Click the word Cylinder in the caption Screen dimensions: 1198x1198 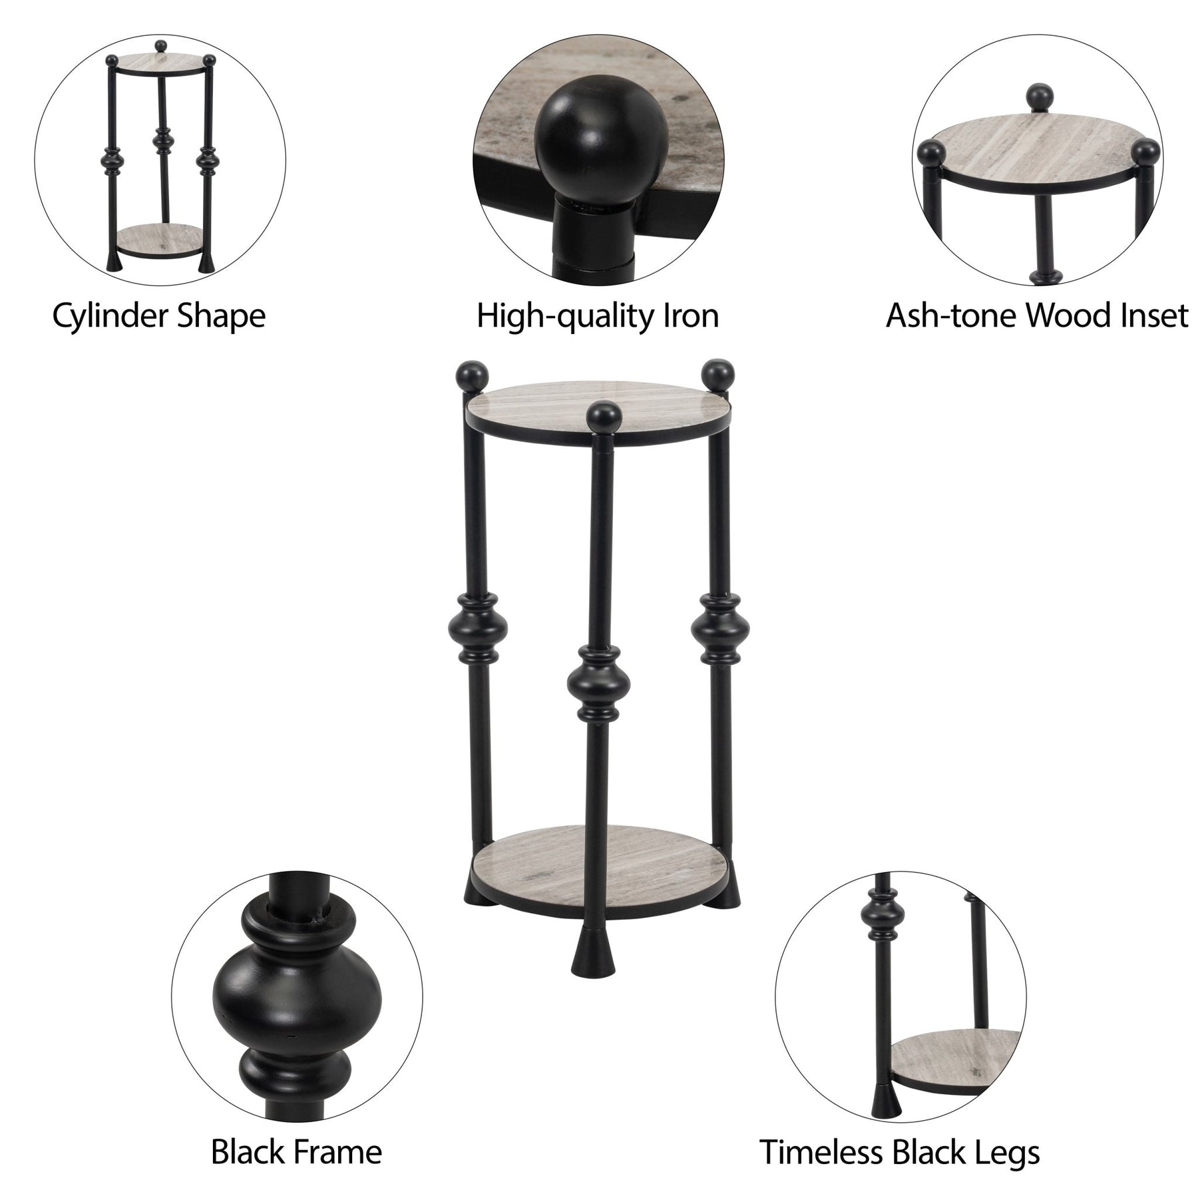click(x=110, y=315)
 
